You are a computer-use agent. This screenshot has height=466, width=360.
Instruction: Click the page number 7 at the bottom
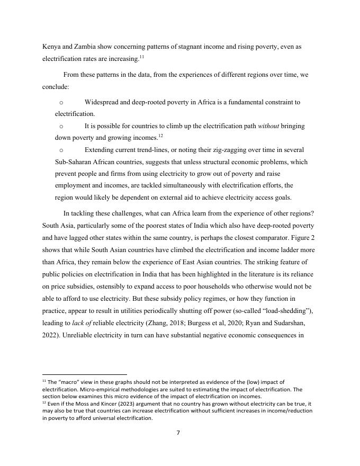178,433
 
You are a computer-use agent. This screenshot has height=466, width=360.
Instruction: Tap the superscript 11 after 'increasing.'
141,57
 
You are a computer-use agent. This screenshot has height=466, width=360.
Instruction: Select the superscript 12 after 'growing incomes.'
160,136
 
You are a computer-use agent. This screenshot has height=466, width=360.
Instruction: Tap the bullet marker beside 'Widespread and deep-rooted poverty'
61,102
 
